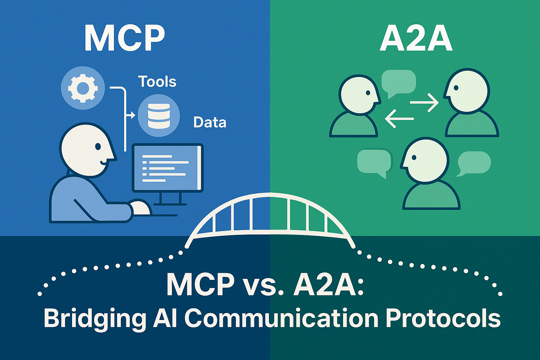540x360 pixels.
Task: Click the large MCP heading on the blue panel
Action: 125,39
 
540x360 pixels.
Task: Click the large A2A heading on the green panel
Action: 416,39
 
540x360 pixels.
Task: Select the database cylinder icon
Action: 159,116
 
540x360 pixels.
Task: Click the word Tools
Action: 157,82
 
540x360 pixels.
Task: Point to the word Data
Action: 210,122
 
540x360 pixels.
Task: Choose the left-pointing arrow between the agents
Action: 399,119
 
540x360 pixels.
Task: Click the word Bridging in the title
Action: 94,318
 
